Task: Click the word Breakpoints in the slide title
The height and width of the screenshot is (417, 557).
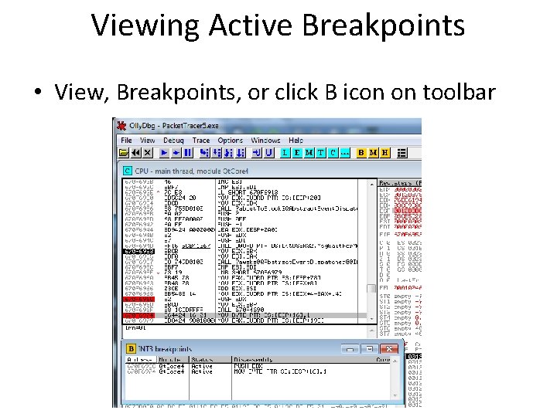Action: tap(383, 25)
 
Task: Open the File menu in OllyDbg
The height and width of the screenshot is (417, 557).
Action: tap(126, 141)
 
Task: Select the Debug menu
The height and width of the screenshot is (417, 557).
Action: tap(173, 141)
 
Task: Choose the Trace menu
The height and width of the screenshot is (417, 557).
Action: tap(201, 141)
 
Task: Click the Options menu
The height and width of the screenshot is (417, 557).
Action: tap(231, 141)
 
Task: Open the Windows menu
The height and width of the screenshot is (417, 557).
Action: tap(265, 141)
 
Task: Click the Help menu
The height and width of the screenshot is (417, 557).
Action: tap(296, 141)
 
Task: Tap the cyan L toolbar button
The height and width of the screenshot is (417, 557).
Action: tap(285, 153)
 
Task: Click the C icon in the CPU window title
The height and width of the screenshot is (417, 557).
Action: tap(127, 170)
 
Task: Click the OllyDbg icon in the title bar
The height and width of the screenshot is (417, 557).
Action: tap(120, 125)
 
